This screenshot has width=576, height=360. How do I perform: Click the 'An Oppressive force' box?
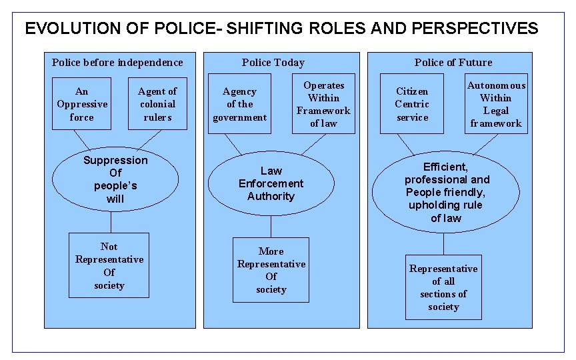pos(82,104)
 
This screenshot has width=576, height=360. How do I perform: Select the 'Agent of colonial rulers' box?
pos(157,104)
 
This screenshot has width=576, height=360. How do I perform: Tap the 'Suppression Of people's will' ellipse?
pos(115,179)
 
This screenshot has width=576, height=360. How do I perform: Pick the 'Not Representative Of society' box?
pos(109,266)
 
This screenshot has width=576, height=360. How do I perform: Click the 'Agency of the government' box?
pos(239,104)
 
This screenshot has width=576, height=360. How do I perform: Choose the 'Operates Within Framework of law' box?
pos(323,104)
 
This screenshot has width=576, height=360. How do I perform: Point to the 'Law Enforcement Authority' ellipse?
pos(271,184)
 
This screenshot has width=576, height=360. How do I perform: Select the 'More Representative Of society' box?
pos(271,270)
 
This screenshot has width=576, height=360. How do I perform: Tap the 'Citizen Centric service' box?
pos(412,104)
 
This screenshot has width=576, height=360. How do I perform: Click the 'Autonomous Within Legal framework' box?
pos(495,104)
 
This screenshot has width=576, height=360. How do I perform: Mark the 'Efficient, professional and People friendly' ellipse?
pos(445,193)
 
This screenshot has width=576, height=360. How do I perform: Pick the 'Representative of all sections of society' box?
pos(443,287)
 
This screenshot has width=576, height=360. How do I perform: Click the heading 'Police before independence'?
pos(117,63)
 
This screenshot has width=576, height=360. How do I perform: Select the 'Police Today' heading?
pos(273,63)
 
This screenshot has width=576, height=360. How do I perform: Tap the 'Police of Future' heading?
pos(453,63)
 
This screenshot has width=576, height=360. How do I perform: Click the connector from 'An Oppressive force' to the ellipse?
pos(81,139)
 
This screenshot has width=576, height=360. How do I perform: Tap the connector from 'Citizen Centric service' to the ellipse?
pos(405,144)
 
